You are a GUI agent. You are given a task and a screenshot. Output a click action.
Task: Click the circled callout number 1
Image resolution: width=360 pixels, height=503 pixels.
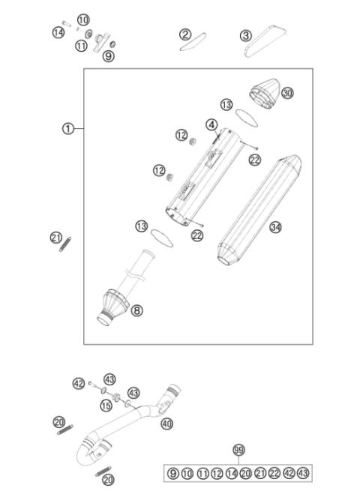click(x=68, y=129)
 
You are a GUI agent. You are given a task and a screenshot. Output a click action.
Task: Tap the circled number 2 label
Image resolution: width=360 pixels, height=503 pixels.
click(x=185, y=34)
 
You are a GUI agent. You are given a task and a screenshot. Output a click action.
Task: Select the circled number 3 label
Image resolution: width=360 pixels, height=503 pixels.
click(x=245, y=35)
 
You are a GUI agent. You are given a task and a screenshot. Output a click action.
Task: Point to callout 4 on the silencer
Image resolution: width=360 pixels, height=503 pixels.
click(x=212, y=124)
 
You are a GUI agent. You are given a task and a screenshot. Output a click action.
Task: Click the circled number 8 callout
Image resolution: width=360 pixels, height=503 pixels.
click(x=136, y=310)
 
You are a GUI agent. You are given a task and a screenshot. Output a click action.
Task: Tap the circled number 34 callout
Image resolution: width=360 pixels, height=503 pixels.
click(x=276, y=227)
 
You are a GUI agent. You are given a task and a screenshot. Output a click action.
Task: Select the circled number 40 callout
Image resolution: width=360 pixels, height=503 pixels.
click(x=166, y=424)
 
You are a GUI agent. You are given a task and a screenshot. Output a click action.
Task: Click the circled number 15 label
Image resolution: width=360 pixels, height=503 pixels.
click(x=106, y=406)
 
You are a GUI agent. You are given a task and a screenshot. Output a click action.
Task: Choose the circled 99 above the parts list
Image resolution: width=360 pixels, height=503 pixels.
click(x=239, y=450)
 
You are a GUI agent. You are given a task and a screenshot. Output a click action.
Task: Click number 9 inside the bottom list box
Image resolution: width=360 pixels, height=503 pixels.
click(x=173, y=473)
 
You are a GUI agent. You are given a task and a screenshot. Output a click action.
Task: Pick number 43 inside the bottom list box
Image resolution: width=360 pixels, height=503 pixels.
click(x=301, y=473)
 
